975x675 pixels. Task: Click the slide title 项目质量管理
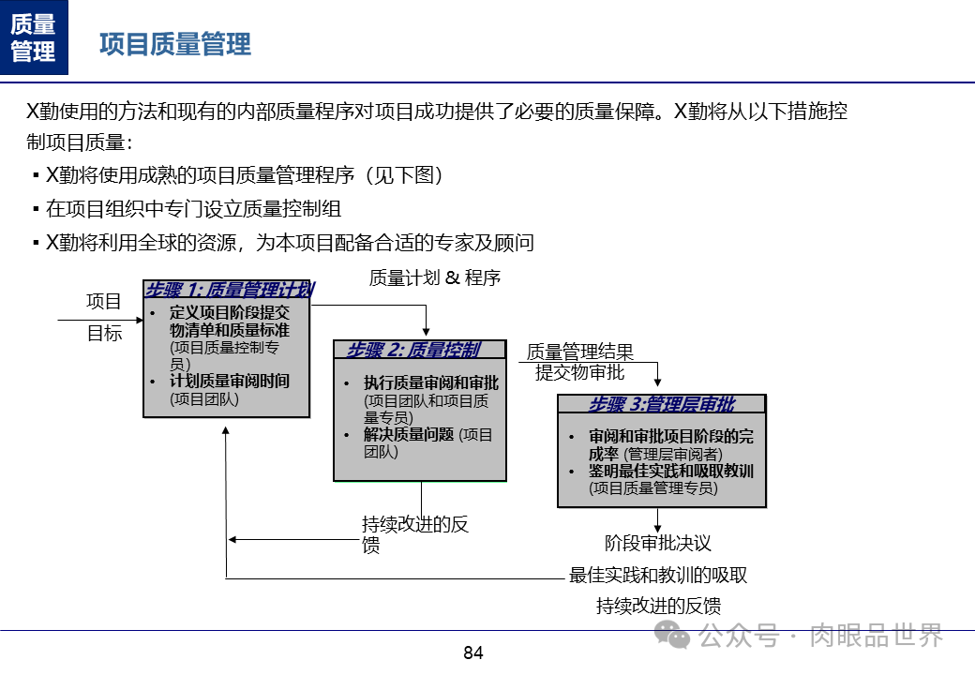[x=175, y=44]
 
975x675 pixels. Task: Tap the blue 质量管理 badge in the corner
[x=34, y=37]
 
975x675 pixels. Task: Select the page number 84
[x=473, y=652]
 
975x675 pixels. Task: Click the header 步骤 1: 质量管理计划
[x=229, y=290]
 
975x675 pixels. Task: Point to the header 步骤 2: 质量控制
[x=413, y=351]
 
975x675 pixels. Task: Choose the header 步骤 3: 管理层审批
[x=662, y=405]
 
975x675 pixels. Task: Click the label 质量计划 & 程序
[x=434, y=277]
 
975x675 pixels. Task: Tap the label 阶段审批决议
[x=657, y=543]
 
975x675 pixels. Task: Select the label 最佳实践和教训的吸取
[x=658, y=575]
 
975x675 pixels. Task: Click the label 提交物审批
[x=579, y=372]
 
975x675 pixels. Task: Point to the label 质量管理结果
[x=579, y=352]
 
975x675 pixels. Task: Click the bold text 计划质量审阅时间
[x=230, y=381]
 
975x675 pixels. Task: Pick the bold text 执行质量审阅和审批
[x=431, y=383]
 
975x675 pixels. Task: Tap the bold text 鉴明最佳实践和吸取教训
[x=671, y=471]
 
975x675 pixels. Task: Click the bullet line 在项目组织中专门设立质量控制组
[x=193, y=209]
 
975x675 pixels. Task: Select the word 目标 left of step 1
[x=105, y=333]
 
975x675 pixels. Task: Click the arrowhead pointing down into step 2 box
[x=426, y=332]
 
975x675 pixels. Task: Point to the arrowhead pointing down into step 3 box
[x=657, y=382]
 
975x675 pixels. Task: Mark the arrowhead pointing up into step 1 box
[x=226, y=427]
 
